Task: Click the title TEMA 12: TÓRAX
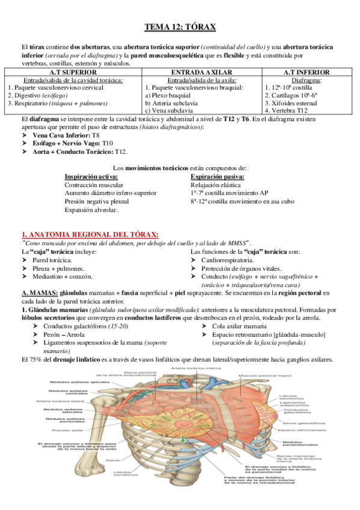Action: coord(180,27)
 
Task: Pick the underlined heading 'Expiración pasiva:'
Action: coord(217,177)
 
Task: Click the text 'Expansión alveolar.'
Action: coord(91,210)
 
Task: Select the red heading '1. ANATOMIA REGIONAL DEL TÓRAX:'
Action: coord(90,234)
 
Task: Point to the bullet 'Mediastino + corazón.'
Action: coord(63,276)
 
